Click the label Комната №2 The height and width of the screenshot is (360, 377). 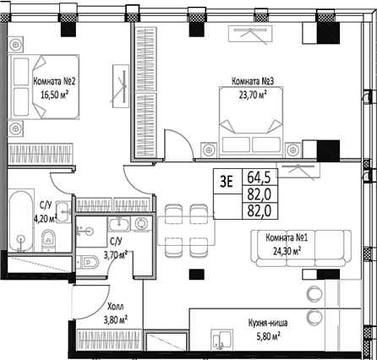(56, 81)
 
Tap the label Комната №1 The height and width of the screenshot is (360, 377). (286, 237)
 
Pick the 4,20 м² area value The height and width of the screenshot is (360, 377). (45, 216)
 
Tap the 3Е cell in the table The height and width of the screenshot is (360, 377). (226, 178)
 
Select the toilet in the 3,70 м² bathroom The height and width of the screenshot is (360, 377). (88, 262)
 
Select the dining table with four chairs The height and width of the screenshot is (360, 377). (186, 222)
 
